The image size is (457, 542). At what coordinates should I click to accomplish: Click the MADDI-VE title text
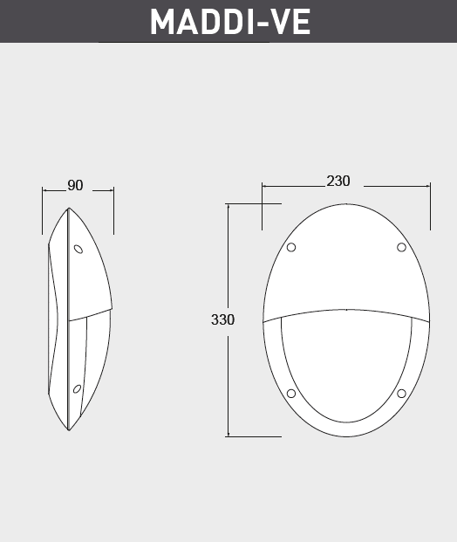[229, 21]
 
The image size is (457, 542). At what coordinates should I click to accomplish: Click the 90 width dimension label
[75, 186]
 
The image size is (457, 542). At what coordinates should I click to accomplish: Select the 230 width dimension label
[338, 182]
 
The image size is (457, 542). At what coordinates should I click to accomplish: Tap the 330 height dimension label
[222, 319]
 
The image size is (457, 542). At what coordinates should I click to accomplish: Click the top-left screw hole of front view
[291, 248]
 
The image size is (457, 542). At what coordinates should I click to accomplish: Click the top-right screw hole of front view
[401, 248]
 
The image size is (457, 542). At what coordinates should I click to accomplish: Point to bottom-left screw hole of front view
[291, 394]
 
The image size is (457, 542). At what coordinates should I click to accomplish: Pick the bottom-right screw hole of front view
[401, 394]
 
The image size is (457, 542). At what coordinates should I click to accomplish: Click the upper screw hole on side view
[78, 250]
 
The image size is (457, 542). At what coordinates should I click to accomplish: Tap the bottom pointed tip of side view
[70, 430]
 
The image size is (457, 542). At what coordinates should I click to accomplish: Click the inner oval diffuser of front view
[346, 367]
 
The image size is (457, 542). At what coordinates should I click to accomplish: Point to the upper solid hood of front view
[346, 262]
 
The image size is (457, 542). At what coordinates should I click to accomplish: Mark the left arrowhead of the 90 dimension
[44, 189]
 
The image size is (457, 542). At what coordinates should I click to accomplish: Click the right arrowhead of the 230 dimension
[428, 185]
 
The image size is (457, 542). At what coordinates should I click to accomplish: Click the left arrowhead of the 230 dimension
[264, 185]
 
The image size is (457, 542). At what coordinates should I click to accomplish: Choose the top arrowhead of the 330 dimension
[228, 206]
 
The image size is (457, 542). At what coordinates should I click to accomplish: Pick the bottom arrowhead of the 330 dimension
[228, 435]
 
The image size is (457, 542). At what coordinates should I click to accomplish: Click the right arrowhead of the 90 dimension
[112, 189]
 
